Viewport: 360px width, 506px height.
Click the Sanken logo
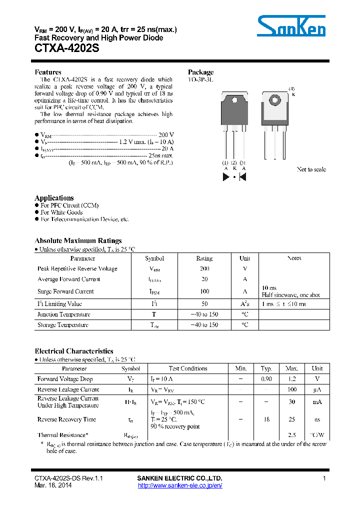(291, 25)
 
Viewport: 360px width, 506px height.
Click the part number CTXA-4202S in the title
(66, 49)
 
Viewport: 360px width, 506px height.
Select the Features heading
(48, 72)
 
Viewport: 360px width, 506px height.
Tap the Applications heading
(54, 197)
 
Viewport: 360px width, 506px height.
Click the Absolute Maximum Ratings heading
(78, 240)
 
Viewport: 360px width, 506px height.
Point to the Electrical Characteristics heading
(74, 351)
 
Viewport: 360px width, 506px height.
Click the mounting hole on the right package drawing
(274, 99)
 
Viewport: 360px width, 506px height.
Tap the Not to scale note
(311, 169)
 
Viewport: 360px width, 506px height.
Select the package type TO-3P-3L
(200, 79)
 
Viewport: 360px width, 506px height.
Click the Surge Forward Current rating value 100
(204, 291)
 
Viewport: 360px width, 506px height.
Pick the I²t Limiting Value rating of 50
(204, 304)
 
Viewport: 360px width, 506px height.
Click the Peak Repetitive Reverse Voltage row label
(77, 269)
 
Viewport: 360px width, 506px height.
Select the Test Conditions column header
(188, 368)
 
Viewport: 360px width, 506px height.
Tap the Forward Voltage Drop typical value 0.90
(266, 379)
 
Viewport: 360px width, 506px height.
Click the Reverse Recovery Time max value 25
(291, 419)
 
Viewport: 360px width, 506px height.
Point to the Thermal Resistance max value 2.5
(291, 435)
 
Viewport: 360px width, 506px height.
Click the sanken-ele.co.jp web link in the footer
(179, 485)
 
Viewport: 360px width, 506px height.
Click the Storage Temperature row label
(63, 325)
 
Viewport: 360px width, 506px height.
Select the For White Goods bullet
(61, 212)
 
